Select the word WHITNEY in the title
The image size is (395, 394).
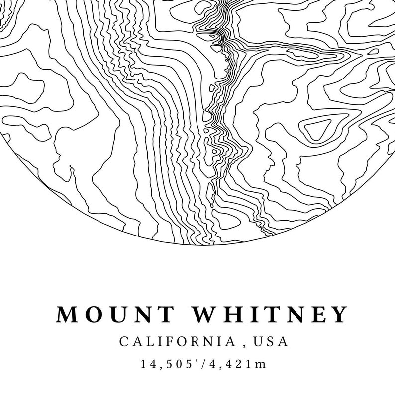tap(269, 315)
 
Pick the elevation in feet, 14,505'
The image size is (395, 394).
tap(171, 364)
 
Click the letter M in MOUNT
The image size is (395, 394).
tap(68, 315)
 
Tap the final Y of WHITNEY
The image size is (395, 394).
tap(339, 315)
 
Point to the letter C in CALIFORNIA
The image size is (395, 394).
tap(123, 342)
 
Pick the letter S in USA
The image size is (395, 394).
tap(271, 342)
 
